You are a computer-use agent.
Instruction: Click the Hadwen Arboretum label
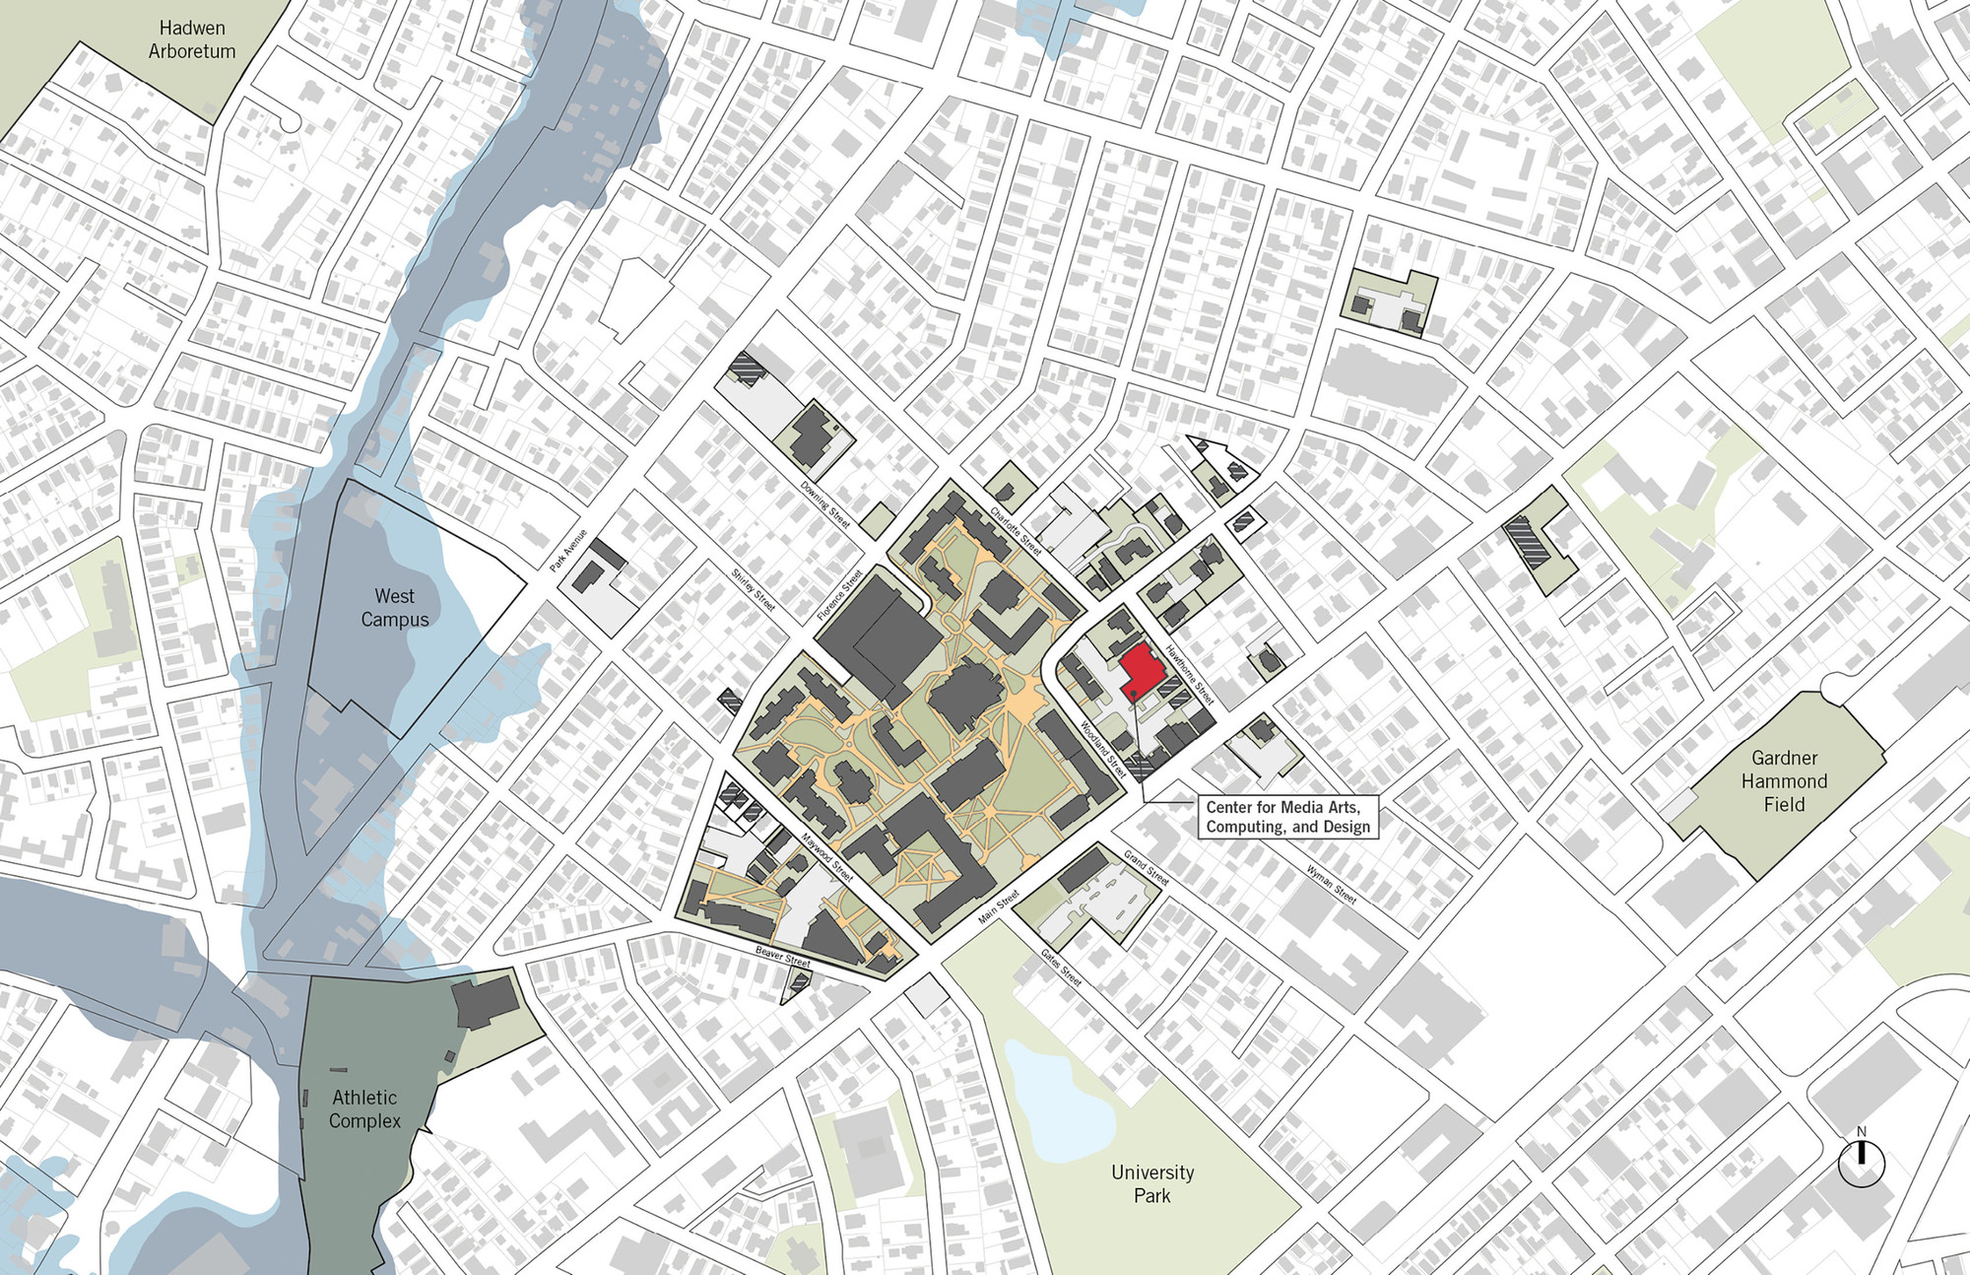pos(192,39)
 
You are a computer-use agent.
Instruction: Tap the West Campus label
pos(394,608)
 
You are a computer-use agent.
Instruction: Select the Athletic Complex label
pos(364,1108)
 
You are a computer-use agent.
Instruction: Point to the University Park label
pos(1151,1183)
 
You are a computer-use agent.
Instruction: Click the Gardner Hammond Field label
pos(1784,781)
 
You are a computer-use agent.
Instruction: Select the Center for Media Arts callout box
pos(1287,817)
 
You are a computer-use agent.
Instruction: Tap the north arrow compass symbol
pos(1861,1162)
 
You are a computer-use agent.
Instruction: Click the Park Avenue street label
pos(568,550)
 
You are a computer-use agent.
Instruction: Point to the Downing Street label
pos(824,503)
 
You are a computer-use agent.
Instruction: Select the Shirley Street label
pos(754,588)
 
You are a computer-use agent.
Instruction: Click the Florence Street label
pos(839,594)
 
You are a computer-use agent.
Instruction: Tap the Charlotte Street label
pos(1016,531)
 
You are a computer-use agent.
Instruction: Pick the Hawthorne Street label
pos(1190,675)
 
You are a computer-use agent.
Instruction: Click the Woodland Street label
pos(1103,749)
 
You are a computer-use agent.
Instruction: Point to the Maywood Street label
pos(826,857)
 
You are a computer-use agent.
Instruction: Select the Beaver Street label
pos(782,955)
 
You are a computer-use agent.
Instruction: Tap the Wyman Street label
pos(1332,884)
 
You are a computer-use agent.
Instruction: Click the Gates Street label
pos(1062,968)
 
